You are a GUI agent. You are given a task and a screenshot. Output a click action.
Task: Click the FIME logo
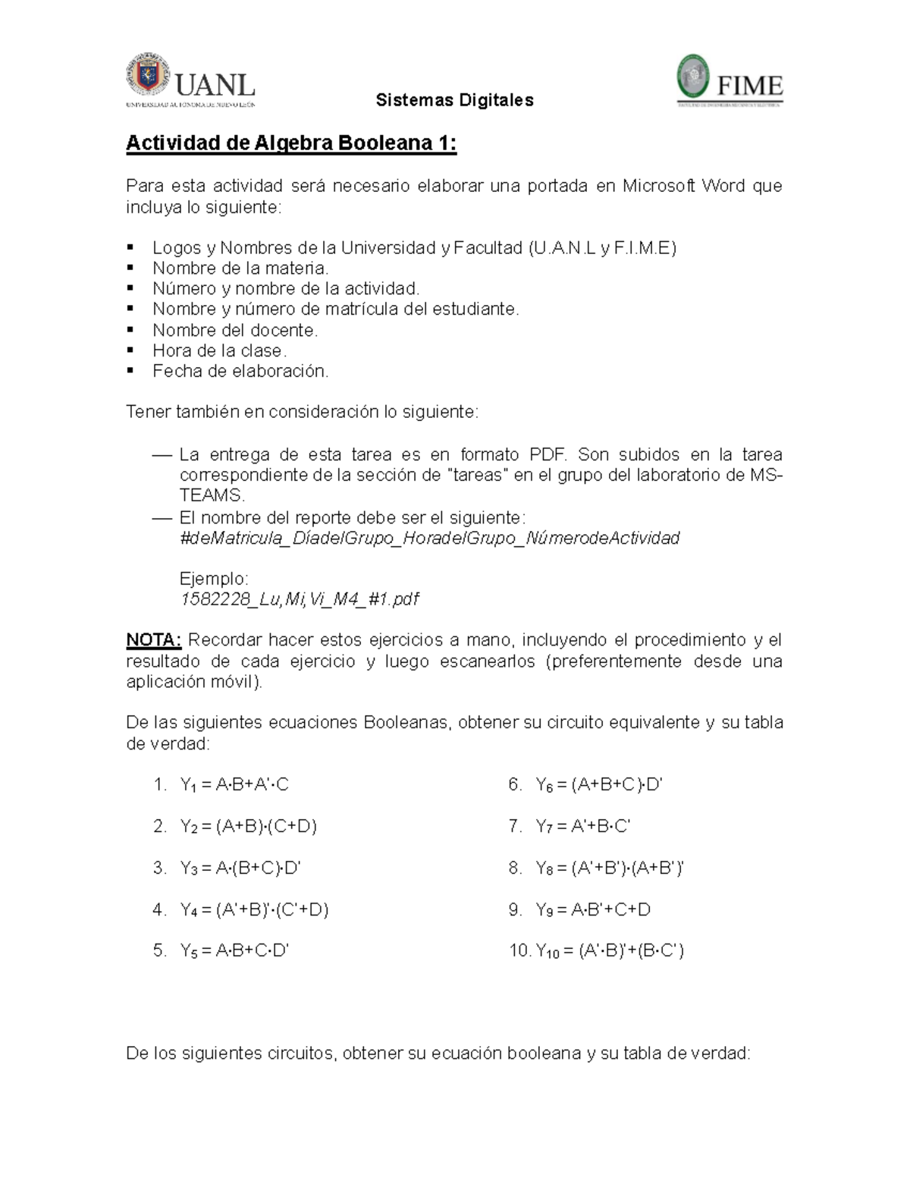(x=730, y=80)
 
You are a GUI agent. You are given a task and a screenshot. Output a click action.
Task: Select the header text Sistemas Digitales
(x=455, y=100)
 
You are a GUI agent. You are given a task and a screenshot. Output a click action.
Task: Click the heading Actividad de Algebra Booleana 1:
(x=291, y=143)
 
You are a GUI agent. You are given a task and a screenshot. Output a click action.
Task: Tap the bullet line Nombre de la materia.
(x=240, y=268)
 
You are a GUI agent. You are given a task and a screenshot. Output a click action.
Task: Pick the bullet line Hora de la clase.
(x=219, y=350)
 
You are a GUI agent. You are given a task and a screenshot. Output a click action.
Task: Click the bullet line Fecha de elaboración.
(x=240, y=371)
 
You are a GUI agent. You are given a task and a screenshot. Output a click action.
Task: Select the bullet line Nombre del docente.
(x=235, y=330)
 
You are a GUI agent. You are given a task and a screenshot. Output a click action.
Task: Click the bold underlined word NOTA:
(x=154, y=639)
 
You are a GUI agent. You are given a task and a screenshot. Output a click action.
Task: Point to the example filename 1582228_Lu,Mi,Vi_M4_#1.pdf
(x=299, y=599)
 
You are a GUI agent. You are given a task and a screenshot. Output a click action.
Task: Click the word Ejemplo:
(x=214, y=579)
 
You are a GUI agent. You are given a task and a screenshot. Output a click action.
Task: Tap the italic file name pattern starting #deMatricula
(x=429, y=538)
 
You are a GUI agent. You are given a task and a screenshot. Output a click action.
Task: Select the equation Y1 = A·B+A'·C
(x=234, y=784)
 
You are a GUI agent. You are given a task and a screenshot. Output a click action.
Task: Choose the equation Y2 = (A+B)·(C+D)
(x=248, y=826)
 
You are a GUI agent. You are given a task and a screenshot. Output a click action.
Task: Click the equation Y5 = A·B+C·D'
(x=234, y=950)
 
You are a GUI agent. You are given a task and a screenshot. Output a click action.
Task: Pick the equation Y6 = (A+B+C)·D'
(x=599, y=784)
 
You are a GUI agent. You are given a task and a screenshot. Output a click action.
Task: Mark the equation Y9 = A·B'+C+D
(x=593, y=909)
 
